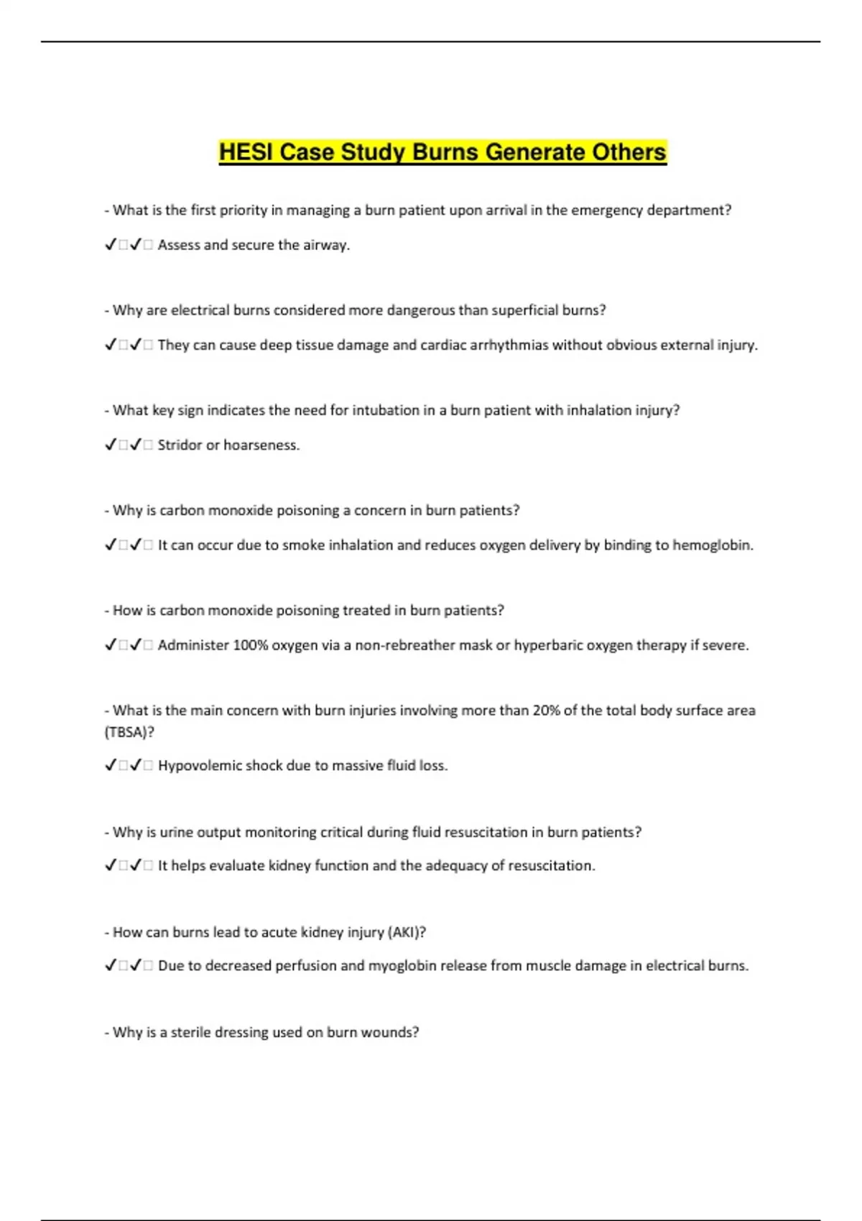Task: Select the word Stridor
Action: point(180,445)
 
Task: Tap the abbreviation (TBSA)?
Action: point(129,732)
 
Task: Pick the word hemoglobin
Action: point(713,545)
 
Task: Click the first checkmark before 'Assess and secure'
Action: point(111,245)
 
